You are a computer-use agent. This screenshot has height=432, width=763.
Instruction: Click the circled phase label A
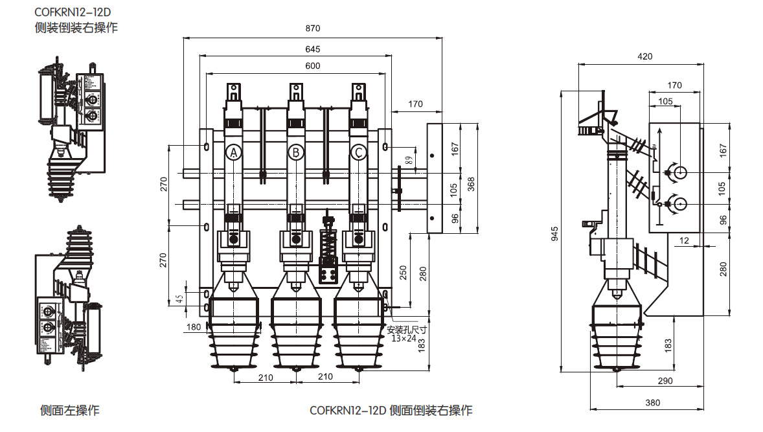point(234,152)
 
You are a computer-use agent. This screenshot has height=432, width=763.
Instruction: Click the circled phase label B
point(295,152)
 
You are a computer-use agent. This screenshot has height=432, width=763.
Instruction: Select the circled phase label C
point(358,152)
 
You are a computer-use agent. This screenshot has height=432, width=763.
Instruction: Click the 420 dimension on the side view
point(644,56)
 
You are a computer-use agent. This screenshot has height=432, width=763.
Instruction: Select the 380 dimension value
point(652,402)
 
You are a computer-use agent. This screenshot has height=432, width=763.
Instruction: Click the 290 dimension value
point(665,380)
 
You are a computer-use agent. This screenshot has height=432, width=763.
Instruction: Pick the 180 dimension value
point(193,327)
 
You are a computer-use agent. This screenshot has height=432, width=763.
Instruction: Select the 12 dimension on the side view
point(685,240)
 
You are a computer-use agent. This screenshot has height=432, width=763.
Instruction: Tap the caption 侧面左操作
point(70,410)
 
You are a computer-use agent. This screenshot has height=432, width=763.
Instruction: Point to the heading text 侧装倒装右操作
point(76,28)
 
